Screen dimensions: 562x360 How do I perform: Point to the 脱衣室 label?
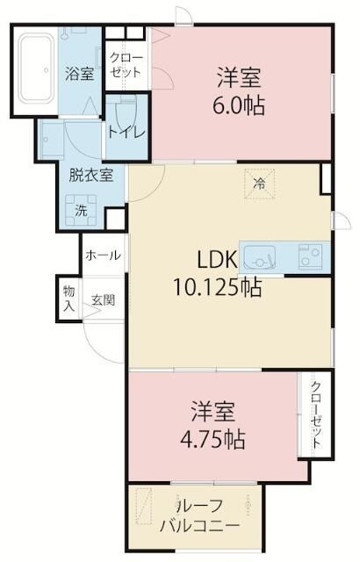tap(91, 174)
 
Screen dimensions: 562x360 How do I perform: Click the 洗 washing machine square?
tap(81, 211)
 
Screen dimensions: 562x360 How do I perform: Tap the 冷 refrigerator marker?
tap(259, 184)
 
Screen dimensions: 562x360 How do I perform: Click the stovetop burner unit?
tap(310, 257)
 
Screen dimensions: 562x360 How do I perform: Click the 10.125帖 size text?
tap(216, 287)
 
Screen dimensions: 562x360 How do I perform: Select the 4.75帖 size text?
tap(215, 436)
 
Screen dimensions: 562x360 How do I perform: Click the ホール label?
tap(103, 255)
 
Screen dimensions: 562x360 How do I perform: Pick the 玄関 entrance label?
tap(103, 299)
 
